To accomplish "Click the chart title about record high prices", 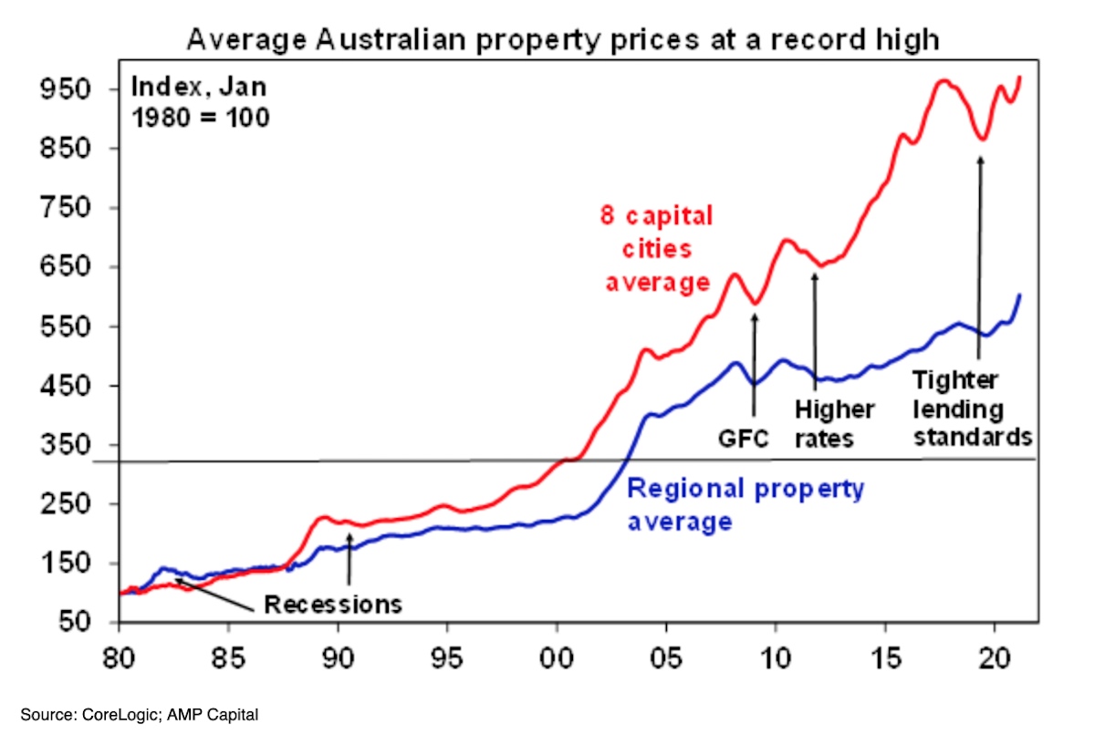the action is [563, 40].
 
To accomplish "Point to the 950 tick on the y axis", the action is [66, 89].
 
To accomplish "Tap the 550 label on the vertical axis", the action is [66, 326].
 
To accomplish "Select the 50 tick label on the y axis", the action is [75, 622].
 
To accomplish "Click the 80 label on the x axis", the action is [119, 657].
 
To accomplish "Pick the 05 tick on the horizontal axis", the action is [666, 657].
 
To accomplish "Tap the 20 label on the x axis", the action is [995, 657].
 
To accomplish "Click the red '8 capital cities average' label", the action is [658, 249].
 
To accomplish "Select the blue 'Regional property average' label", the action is [746, 504].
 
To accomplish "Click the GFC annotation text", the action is [743, 439].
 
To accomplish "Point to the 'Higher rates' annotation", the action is [834, 424].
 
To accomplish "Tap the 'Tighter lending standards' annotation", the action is [972, 409].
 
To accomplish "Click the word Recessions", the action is [333, 604].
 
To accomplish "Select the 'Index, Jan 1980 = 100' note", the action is [200, 102].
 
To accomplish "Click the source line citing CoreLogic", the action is [140, 715].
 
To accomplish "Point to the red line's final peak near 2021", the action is [1020, 78].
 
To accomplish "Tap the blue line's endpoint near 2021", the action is [1020, 295].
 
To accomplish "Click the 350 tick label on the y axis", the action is [66, 445].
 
